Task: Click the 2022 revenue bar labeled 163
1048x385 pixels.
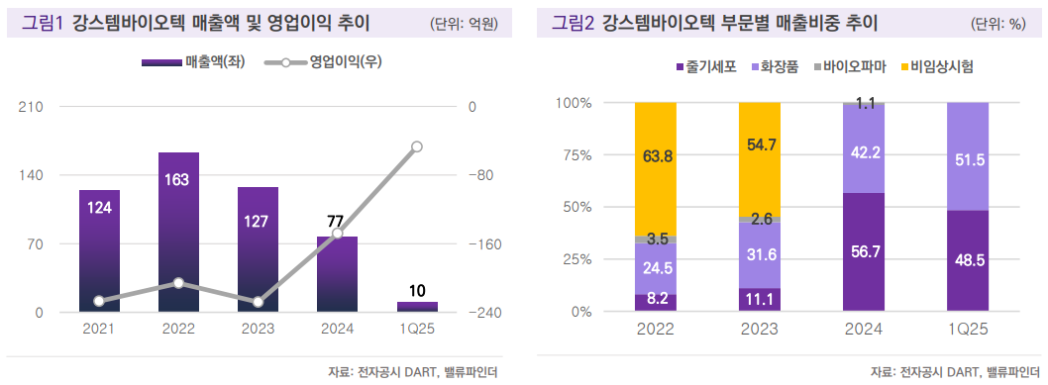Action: (x=178, y=233)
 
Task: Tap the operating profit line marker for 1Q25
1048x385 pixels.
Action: (x=417, y=146)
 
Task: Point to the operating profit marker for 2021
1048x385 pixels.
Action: (x=99, y=301)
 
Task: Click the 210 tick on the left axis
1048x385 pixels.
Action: (x=33, y=107)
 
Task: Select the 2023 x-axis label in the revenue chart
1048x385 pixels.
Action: (x=258, y=330)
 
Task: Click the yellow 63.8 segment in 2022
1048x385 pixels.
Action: (x=655, y=168)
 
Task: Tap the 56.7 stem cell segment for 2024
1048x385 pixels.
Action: (x=864, y=252)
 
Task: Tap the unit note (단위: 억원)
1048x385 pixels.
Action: (x=464, y=23)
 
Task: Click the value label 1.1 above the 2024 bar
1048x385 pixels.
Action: (x=864, y=103)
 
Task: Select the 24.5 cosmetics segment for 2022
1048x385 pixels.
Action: (x=655, y=268)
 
